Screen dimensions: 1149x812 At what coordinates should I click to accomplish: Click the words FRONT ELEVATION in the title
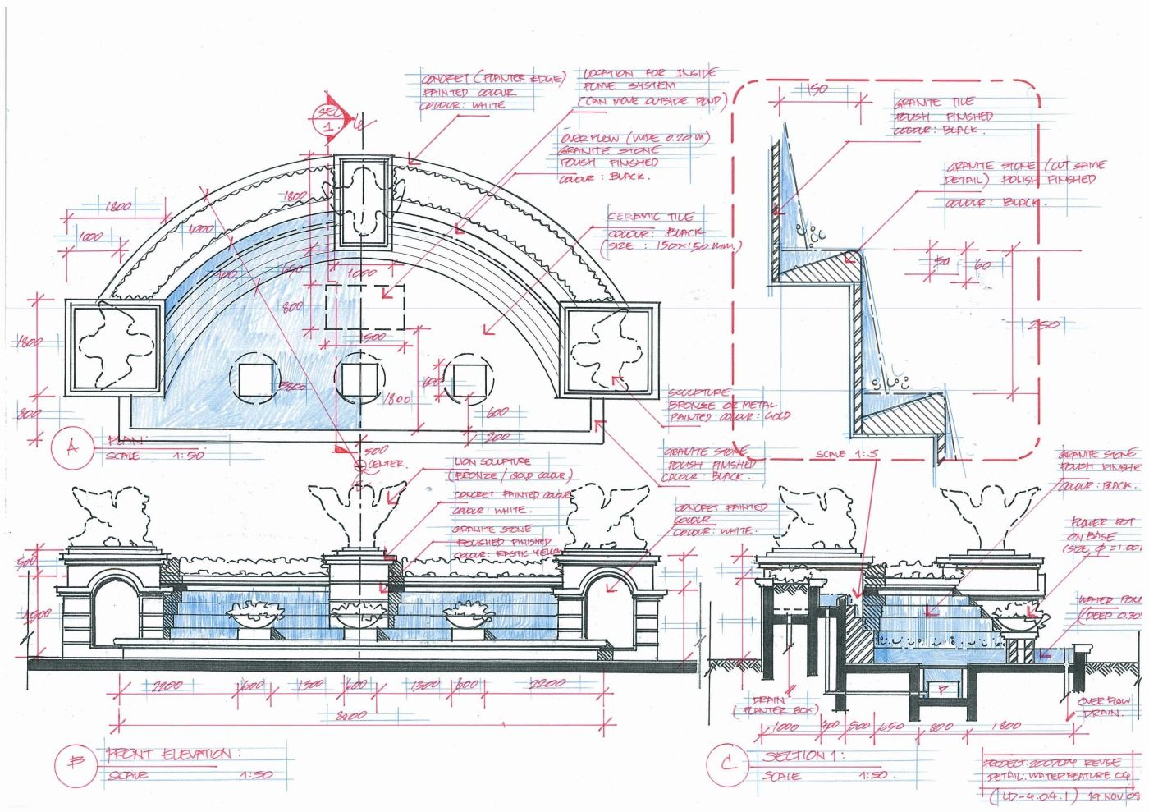click(x=169, y=754)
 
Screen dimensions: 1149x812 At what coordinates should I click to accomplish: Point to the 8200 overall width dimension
click(x=350, y=716)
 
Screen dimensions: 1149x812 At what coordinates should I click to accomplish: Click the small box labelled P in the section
click(x=941, y=690)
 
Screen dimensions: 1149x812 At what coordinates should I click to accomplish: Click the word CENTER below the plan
click(x=385, y=464)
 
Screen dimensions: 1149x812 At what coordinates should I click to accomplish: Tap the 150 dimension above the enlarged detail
click(x=815, y=89)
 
